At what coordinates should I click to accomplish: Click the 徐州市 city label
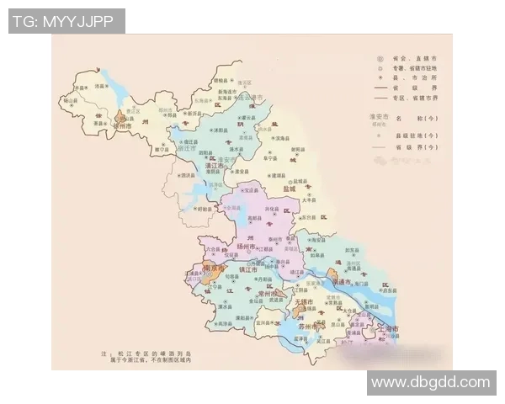(127, 125)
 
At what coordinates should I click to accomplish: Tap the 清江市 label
(216, 167)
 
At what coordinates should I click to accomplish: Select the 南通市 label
(347, 284)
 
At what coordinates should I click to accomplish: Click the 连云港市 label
(249, 98)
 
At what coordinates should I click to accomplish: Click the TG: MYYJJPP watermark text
(65, 21)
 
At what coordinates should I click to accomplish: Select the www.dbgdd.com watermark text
(430, 382)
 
